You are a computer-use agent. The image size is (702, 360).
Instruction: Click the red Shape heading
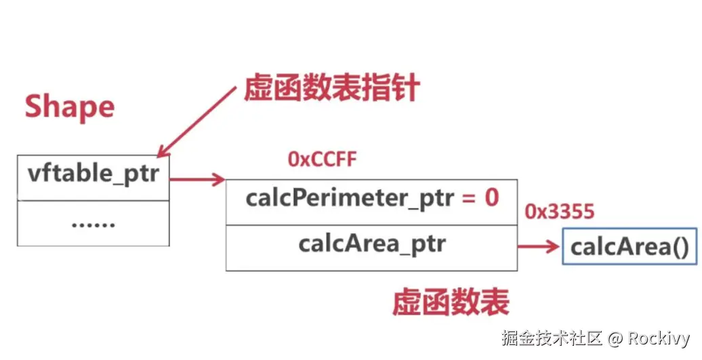coord(70,107)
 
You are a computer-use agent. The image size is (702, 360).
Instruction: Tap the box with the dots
coord(94,223)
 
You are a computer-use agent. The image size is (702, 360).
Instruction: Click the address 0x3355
coord(560,212)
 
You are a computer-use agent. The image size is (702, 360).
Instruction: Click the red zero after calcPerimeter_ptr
coord(491,197)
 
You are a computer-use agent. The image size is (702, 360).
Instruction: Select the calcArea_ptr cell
coord(371,245)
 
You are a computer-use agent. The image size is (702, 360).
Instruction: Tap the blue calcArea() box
coord(629,247)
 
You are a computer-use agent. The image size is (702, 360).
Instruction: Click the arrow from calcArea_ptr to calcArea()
coord(539,247)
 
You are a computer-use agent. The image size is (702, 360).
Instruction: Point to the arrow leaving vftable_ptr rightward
coord(197,180)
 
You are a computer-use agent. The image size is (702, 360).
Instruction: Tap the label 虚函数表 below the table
coord(451,303)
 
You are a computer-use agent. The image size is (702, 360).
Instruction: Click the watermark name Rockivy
coord(658,338)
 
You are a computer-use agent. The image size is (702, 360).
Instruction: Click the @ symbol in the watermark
coord(615,338)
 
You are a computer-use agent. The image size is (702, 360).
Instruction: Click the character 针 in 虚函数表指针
coord(406,89)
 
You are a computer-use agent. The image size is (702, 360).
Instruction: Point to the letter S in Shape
coord(35,108)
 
